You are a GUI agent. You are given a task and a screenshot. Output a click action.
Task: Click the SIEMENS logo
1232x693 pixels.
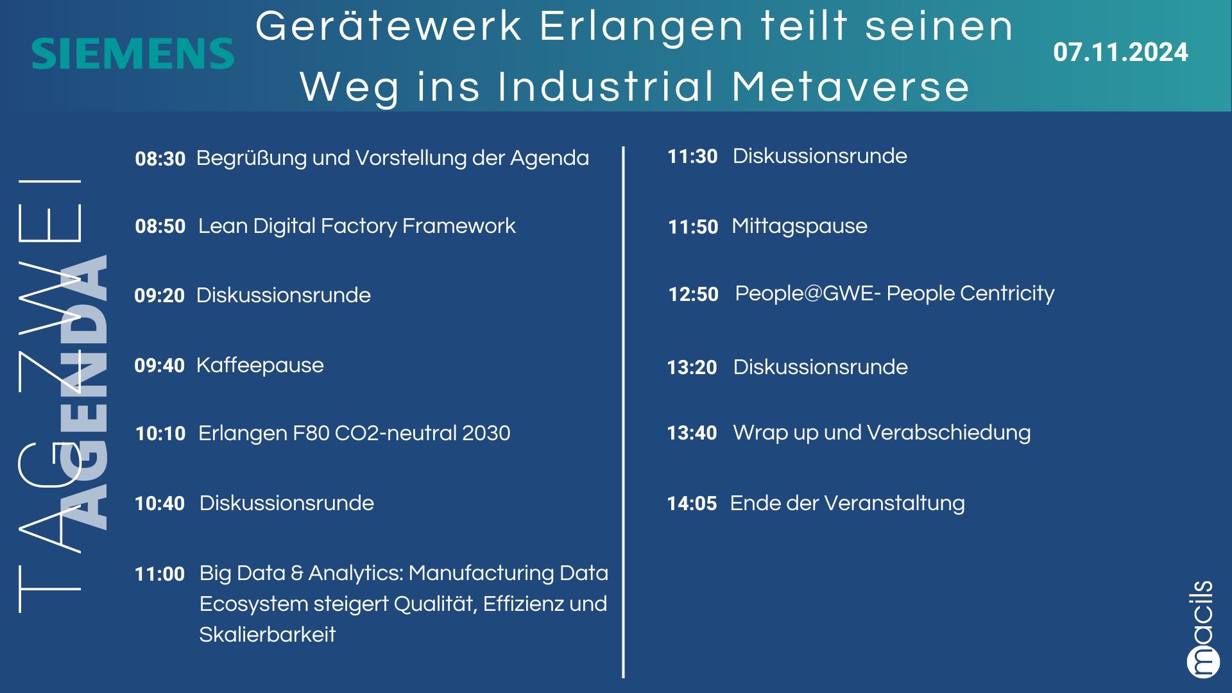tap(133, 54)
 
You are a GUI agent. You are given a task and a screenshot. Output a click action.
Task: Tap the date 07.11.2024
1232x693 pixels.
tap(1120, 53)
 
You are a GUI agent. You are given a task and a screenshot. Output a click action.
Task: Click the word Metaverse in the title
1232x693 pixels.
tap(850, 87)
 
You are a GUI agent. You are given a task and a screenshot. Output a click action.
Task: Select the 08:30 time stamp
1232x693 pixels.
tap(160, 158)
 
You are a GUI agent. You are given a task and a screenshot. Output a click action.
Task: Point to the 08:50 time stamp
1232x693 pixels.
tap(160, 226)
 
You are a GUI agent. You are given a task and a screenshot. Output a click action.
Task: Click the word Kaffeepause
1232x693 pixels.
tap(260, 366)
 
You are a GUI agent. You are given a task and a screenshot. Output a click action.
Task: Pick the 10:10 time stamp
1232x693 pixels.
tap(160, 434)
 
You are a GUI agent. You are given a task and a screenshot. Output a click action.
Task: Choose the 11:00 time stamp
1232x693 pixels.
tap(160, 574)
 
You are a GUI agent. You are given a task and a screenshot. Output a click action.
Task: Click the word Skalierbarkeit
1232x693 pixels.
tap(268, 635)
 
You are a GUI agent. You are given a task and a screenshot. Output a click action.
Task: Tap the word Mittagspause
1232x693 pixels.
tap(800, 227)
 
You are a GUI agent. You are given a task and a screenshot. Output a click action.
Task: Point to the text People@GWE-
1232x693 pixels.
tap(808, 293)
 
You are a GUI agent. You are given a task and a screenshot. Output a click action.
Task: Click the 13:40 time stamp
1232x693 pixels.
tap(692, 433)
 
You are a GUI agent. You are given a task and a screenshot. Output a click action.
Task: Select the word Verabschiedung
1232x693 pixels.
tap(948, 433)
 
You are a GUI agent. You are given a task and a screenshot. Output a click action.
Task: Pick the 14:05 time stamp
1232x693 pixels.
tap(692, 504)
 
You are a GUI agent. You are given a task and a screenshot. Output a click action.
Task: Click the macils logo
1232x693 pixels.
tap(1202, 629)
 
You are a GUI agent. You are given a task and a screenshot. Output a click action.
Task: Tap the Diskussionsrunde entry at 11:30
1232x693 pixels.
tap(820, 157)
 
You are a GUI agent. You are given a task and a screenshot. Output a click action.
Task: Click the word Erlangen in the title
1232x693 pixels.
tap(641, 27)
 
